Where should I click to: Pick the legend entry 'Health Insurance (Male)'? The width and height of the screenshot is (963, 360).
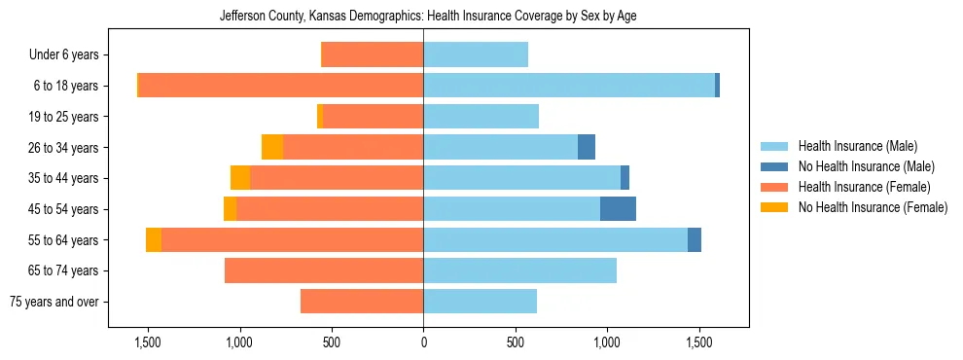(857, 146)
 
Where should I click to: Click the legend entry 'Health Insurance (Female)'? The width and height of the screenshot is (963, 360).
(864, 187)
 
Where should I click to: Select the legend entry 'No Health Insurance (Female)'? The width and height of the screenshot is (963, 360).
(873, 207)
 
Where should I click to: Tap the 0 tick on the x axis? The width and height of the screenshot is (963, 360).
(423, 342)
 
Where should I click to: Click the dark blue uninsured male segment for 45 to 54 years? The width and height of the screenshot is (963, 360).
(618, 209)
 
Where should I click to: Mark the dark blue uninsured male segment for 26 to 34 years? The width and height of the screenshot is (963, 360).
(587, 147)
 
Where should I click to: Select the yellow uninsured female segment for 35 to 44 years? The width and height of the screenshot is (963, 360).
(240, 178)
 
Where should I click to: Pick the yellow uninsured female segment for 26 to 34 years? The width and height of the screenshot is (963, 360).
(272, 147)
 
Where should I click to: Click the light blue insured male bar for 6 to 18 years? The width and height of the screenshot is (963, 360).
(569, 86)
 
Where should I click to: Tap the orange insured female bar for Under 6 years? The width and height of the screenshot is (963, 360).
(372, 54)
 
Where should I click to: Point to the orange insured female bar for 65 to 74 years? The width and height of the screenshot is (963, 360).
(324, 270)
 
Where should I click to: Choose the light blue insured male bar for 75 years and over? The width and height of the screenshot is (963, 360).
(480, 302)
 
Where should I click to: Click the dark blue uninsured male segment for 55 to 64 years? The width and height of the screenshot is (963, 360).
(695, 240)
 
